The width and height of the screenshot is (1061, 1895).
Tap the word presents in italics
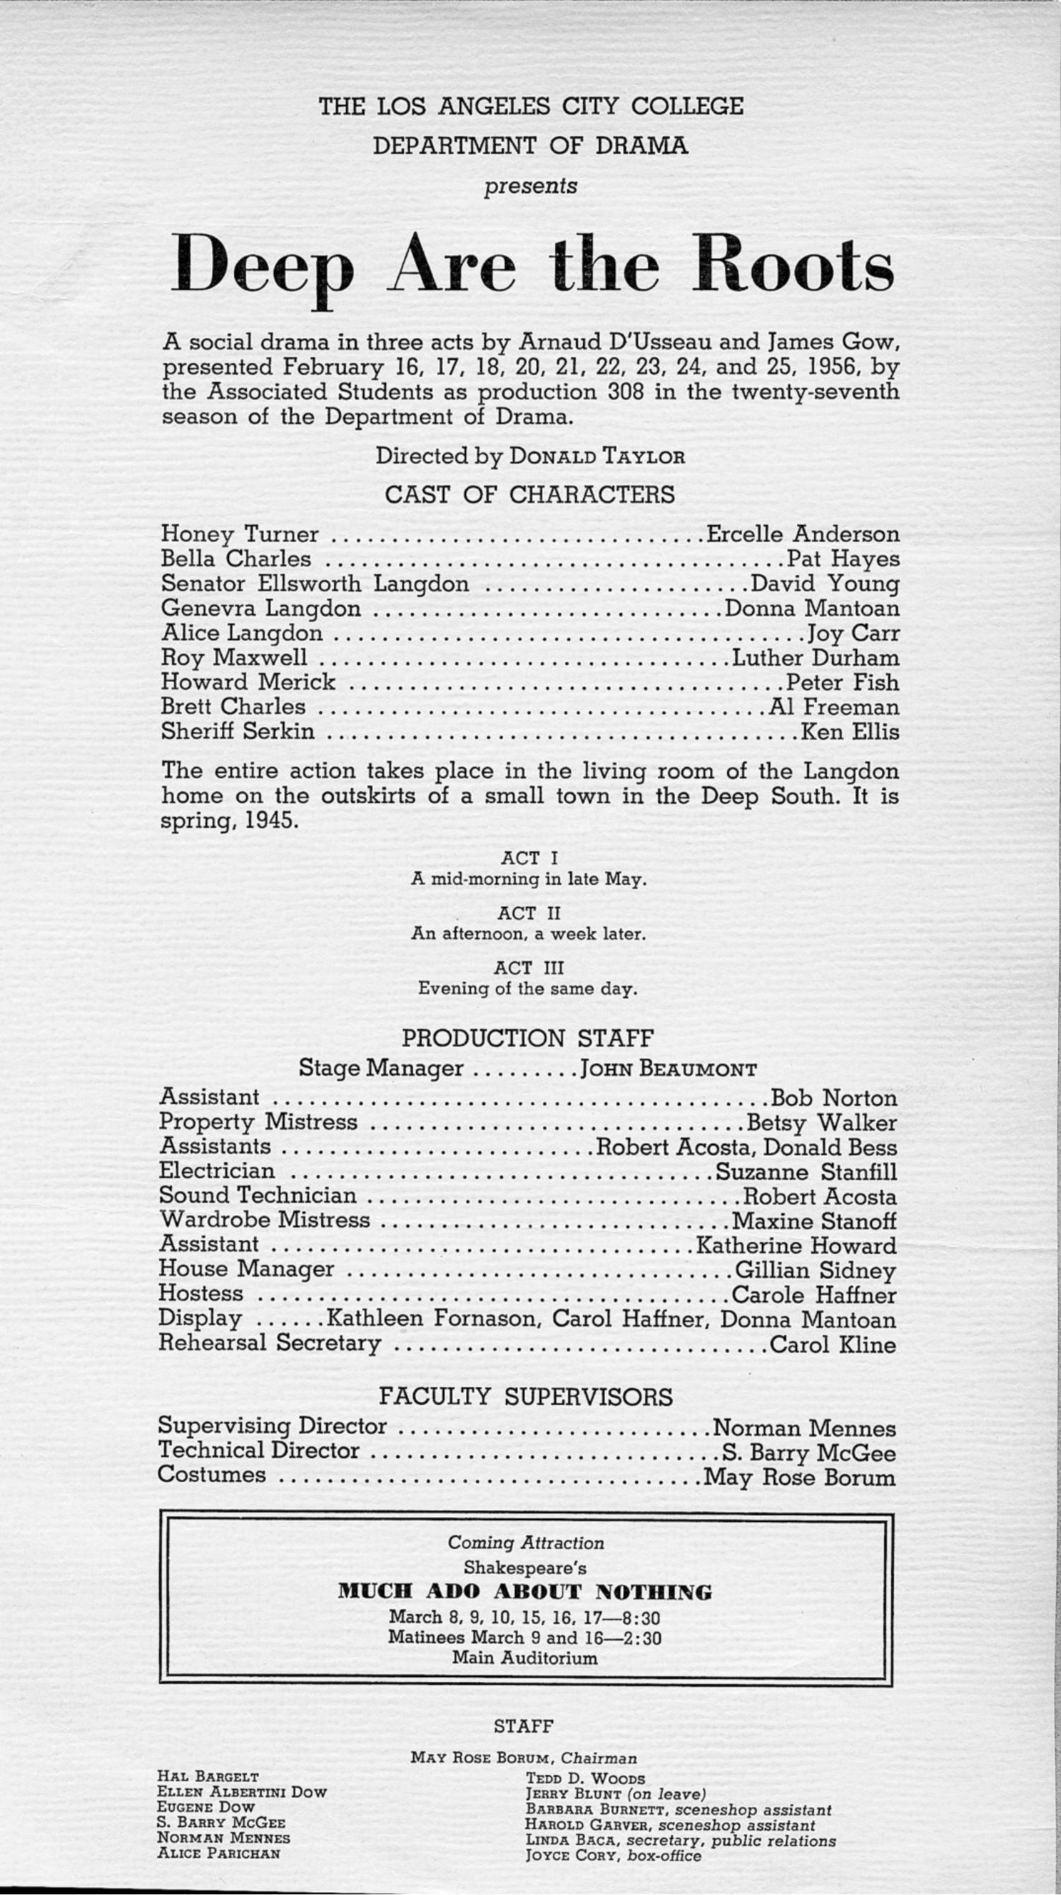530,186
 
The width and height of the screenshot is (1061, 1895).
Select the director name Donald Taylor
597,456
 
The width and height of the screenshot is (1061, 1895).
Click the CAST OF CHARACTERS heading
530,494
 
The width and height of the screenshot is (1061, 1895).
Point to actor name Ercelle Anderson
803,534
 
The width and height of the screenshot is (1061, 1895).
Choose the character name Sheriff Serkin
237,732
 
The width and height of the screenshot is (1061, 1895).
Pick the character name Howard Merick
248,683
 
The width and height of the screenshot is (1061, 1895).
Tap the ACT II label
529,913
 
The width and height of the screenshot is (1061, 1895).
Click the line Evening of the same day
528,989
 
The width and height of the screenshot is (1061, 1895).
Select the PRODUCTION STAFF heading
528,1038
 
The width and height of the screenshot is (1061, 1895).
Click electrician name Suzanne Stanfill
806,1171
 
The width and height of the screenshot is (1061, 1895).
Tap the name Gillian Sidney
816,1270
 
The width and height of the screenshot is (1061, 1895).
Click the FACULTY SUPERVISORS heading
526,1396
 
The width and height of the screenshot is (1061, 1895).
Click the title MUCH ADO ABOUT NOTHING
525,1593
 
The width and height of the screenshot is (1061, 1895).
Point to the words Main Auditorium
525,1658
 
